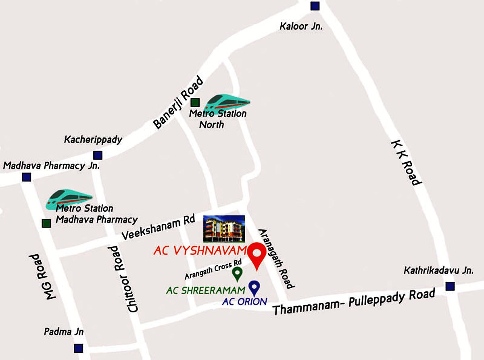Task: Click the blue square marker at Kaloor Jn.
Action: point(315,6)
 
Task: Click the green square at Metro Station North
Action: point(195,102)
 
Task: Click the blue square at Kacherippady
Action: point(98,155)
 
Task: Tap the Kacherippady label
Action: point(93,140)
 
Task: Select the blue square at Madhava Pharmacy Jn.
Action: point(27,177)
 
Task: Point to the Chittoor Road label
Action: point(123,279)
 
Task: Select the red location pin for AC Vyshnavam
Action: point(255,255)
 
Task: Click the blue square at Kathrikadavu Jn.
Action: point(450,287)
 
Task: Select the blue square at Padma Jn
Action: point(79,348)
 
